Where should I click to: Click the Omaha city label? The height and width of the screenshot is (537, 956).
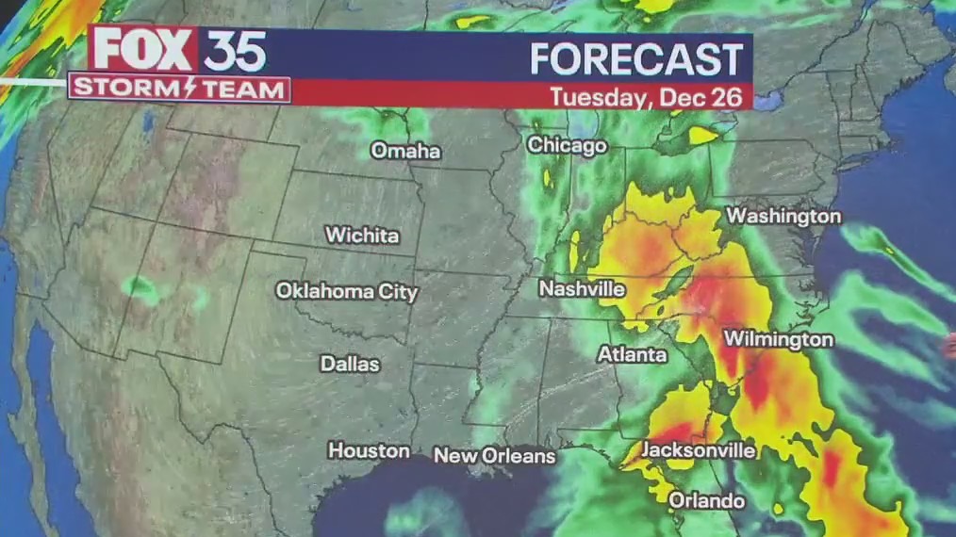[405, 151]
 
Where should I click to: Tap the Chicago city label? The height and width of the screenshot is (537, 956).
[566, 146]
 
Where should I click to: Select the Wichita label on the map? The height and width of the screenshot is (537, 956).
[362, 236]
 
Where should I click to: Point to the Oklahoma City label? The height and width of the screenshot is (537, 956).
[346, 291]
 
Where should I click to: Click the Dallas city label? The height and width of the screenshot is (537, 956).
[350, 364]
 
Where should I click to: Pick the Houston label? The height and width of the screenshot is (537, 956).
[369, 451]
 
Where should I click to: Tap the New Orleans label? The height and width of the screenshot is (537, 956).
[494, 456]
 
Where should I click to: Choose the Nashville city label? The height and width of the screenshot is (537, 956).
[582, 289]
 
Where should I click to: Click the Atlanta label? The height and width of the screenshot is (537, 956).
[632, 355]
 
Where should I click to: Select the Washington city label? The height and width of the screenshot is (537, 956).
[783, 216]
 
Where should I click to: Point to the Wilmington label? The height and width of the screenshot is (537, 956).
[779, 339]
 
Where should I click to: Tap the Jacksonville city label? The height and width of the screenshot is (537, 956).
[699, 450]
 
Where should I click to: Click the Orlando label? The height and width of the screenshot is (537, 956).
[706, 501]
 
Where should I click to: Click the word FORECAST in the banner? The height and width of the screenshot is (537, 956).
[636, 59]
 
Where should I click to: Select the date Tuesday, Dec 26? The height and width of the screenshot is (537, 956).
[651, 96]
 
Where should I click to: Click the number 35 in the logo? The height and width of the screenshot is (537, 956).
[234, 51]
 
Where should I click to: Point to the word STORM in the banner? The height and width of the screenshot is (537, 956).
[122, 90]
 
